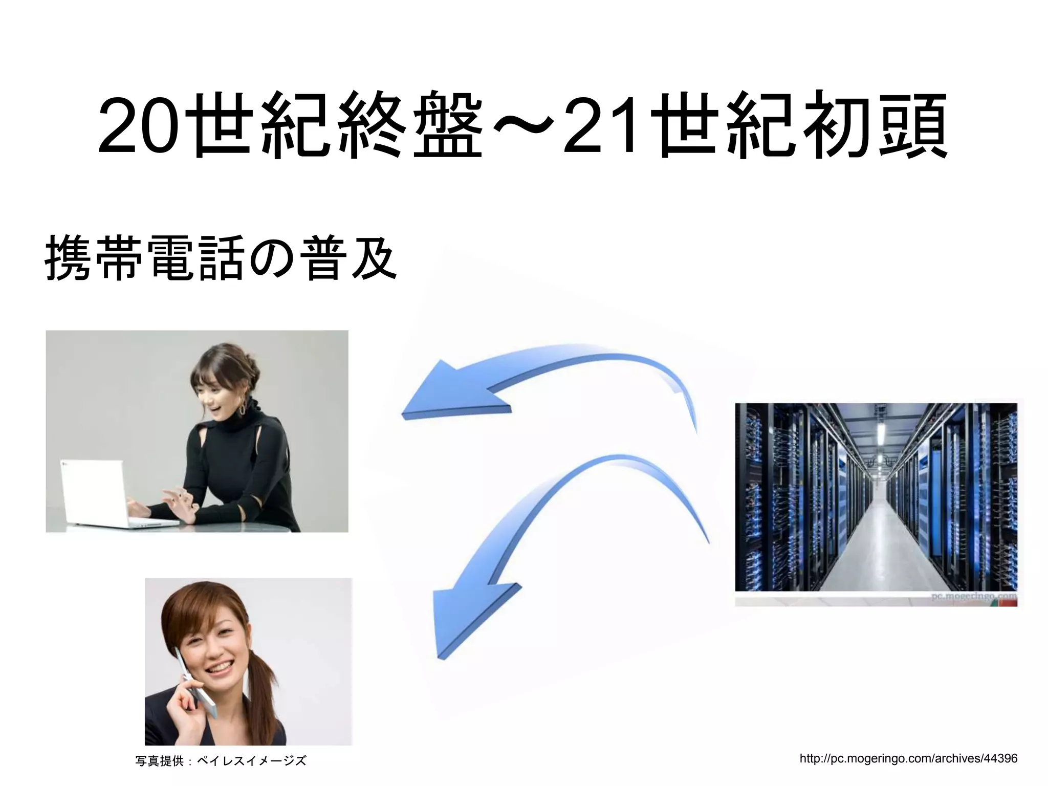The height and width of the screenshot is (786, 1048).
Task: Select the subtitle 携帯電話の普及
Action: click(221, 257)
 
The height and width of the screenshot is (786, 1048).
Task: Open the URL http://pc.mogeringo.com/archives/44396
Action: click(908, 758)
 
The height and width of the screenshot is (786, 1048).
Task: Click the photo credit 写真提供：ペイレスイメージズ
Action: click(221, 761)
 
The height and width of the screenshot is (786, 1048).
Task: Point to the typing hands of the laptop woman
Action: click(177, 501)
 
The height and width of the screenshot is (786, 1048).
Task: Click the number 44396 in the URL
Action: click(1000, 758)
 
